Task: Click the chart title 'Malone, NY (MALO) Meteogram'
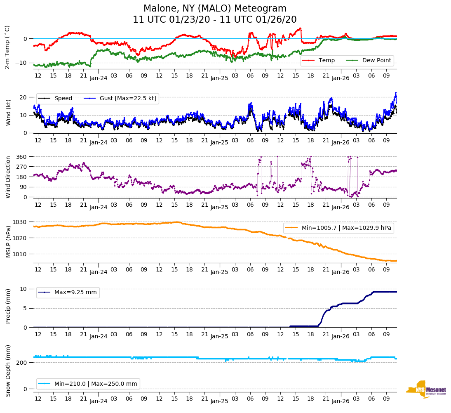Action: pyautogui.click(x=215, y=9)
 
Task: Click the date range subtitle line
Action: pyautogui.click(x=215, y=20)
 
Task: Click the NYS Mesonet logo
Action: pyautogui.click(x=426, y=389)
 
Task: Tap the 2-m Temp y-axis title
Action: pyautogui.click(x=7, y=47)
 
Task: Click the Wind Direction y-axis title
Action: pyautogui.click(x=8, y=177)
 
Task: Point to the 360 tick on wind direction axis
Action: pyautogui.click(x=22, y=157)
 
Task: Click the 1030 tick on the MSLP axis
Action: pyautogui.click(x=21, y=222)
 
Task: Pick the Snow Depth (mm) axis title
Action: pyautogui.click(x=8, y=371)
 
